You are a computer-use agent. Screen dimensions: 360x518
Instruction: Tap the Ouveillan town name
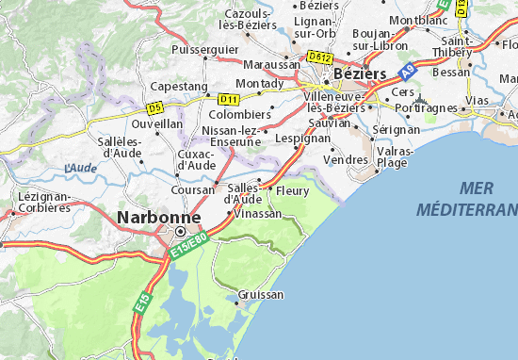pos(157,123)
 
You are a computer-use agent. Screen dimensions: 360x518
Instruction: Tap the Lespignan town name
pos(303,138)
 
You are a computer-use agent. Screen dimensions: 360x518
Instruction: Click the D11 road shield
pos(226,98)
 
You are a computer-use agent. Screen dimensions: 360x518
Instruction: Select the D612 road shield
pos(320,57)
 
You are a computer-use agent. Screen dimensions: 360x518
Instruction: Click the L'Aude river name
pos(80,168)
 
